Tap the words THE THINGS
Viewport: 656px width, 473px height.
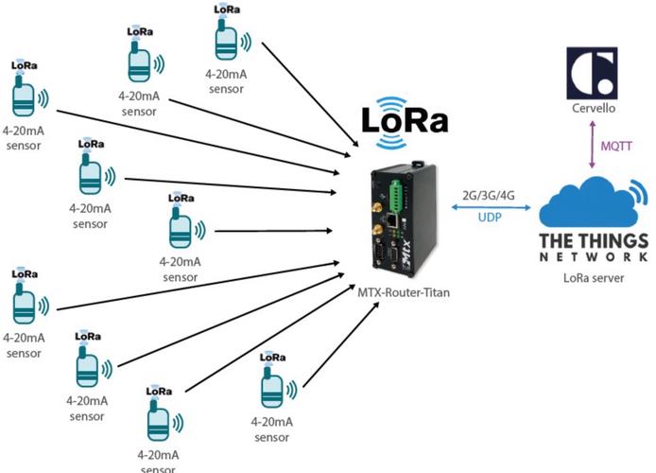(594, 240)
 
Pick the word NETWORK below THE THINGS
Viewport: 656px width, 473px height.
(594, 256)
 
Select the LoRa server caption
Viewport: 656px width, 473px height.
(594, 277)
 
